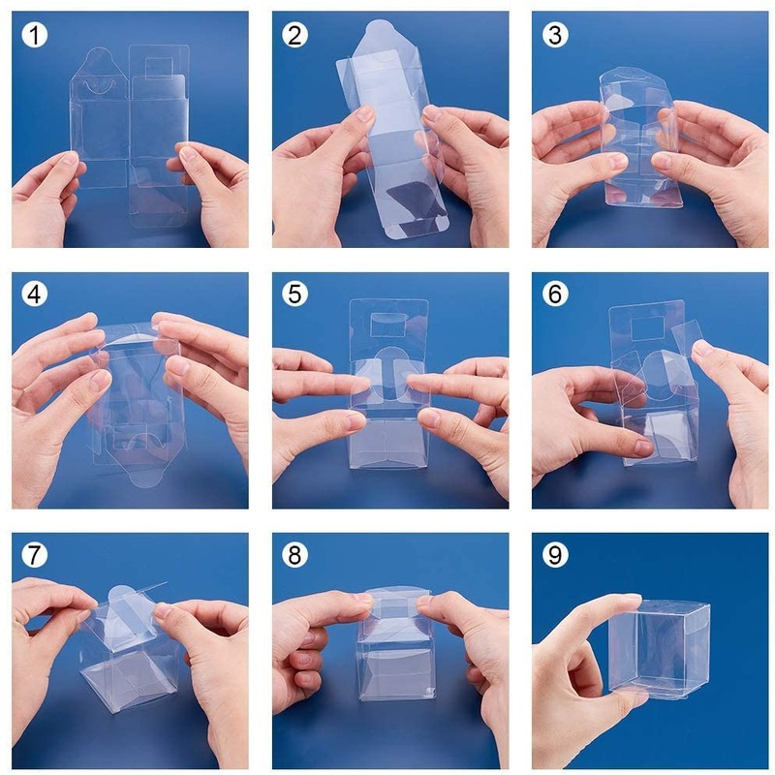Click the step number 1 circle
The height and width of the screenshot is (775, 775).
(35, 35)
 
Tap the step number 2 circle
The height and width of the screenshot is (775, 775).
(294, 35)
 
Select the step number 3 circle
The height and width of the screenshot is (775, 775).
(554, 35)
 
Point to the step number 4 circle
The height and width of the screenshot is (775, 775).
(35, 294)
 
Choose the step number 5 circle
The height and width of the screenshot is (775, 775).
(294, 294)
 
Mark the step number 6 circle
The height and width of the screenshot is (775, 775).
(554, 294)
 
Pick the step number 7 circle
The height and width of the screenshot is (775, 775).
(35, 554)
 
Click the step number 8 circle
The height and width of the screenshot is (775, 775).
(294, 554)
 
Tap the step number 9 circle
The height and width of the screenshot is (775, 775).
(554, 554)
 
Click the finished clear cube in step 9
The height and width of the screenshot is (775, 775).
(659, 648)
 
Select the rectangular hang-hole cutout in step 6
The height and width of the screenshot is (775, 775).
(647, 329)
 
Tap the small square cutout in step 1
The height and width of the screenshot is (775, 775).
(160, 68)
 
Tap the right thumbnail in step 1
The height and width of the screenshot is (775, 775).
(188, 153)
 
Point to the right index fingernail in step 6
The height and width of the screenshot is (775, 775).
(701, 350)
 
